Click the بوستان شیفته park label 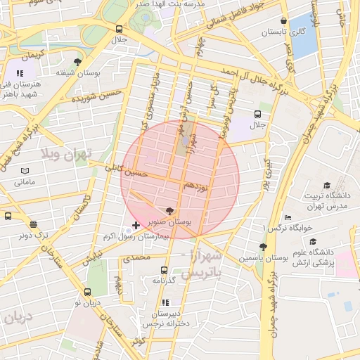pos(75,72)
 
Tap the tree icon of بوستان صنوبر pos(169,210)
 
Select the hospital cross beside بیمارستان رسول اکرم pos(136,226)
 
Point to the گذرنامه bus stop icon pos(164,270)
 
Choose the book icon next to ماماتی pos(25,171)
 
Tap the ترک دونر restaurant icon pos(33,224)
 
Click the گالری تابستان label pos(283,32)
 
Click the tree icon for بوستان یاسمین pos(262,247)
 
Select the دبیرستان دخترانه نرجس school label pos(165,319)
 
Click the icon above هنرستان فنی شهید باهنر pos(20,72)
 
